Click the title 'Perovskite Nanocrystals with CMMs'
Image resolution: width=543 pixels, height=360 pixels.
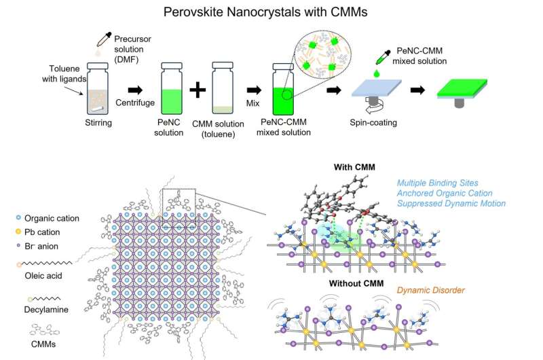coord(271,12)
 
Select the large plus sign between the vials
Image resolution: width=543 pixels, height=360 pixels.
coord(198,89)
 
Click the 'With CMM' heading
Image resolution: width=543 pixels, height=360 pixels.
coord(356,166)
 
